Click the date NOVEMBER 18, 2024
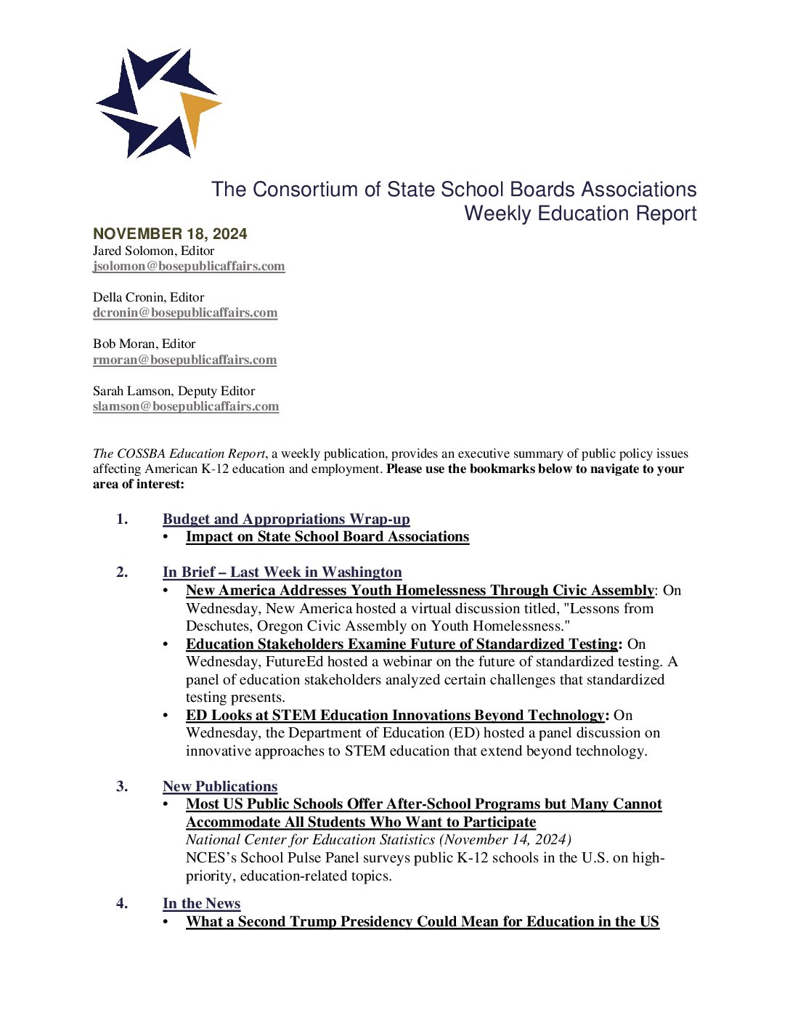click(170, 234)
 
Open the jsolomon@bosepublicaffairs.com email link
click(189, 266)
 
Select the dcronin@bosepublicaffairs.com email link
click(185, 312)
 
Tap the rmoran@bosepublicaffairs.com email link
click(184, 360)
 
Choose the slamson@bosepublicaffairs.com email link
click(186, 406)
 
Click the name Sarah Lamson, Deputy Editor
click(174, 391)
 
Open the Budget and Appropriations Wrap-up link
click(286, 519)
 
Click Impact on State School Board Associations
click(327, 537)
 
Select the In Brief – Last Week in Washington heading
click(282, 573)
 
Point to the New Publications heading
click(220, 786)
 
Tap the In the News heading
click(201, 903)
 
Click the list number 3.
click(121, 786)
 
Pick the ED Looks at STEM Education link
click(395, 715)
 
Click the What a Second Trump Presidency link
click(423, 921)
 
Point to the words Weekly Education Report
click(580, 214)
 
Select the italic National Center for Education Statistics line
click(378, 840)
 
